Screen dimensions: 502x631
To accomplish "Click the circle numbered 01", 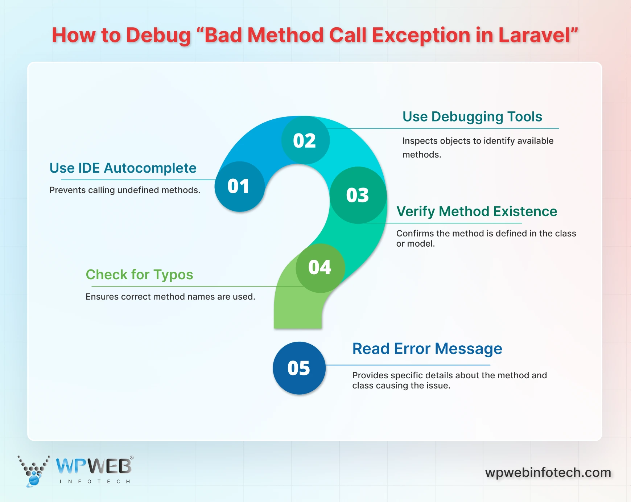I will (x=239, y=186).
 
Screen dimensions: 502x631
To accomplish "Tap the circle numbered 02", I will (x=305, y=140).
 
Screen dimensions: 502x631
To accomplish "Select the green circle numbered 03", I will (x=358, y=195).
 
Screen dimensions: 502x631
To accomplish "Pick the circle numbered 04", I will (x=320, y=268).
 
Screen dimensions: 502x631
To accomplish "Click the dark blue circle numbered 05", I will (x=299, y=368).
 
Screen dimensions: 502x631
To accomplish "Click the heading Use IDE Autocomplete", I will (x=123, y=168).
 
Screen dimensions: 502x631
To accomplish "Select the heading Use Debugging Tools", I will (x=472, y=117).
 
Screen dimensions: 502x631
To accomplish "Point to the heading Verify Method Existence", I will (x=477, y=211).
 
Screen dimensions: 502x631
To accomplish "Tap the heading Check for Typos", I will (x=139, y=275).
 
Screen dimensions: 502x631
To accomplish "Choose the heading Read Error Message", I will (x=427, y=349).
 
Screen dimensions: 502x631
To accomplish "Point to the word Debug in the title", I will (x=158, y=36).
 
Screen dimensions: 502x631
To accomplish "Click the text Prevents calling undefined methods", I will (x=125, y=190).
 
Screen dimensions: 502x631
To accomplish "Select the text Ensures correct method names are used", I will (x=170, y=297).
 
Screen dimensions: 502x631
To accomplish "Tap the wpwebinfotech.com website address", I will (x=548, y=473).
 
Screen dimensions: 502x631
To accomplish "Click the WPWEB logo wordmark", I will (x=94, y=466).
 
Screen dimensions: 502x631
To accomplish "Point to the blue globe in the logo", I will (x=34, y=480).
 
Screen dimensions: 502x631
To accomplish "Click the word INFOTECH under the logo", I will (x=95, y=482).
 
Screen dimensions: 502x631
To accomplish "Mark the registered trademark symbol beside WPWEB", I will (x=132, y=458).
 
